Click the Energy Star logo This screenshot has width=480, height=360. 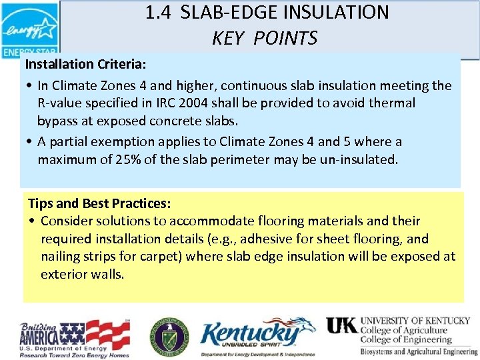coord(29,30)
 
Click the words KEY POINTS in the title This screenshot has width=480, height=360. coord(265,39)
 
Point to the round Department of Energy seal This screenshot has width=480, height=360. coord(168,335)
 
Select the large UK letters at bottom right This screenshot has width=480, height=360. coord(341,325)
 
